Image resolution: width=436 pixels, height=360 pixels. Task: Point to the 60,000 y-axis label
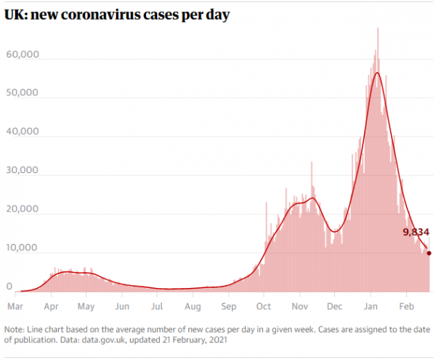click(x=24, y=55)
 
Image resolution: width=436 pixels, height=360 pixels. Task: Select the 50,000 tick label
click(x=24, y=94)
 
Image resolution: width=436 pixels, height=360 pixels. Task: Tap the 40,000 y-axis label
click(x=24, y=132)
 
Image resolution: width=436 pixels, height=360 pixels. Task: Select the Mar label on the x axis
click(x=15, y=306)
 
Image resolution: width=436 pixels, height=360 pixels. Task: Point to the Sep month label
click(x=229, y=306)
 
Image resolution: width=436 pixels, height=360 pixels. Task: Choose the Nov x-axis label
click(x=299, y=306)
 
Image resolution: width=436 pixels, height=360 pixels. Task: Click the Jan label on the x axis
click(x=371, y=306)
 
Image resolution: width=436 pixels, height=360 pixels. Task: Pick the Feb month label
click(x=406, y=306)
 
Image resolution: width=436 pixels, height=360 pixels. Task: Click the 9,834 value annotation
click(x=416, y=233)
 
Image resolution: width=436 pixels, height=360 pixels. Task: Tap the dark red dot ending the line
click(x=429, y=253)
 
